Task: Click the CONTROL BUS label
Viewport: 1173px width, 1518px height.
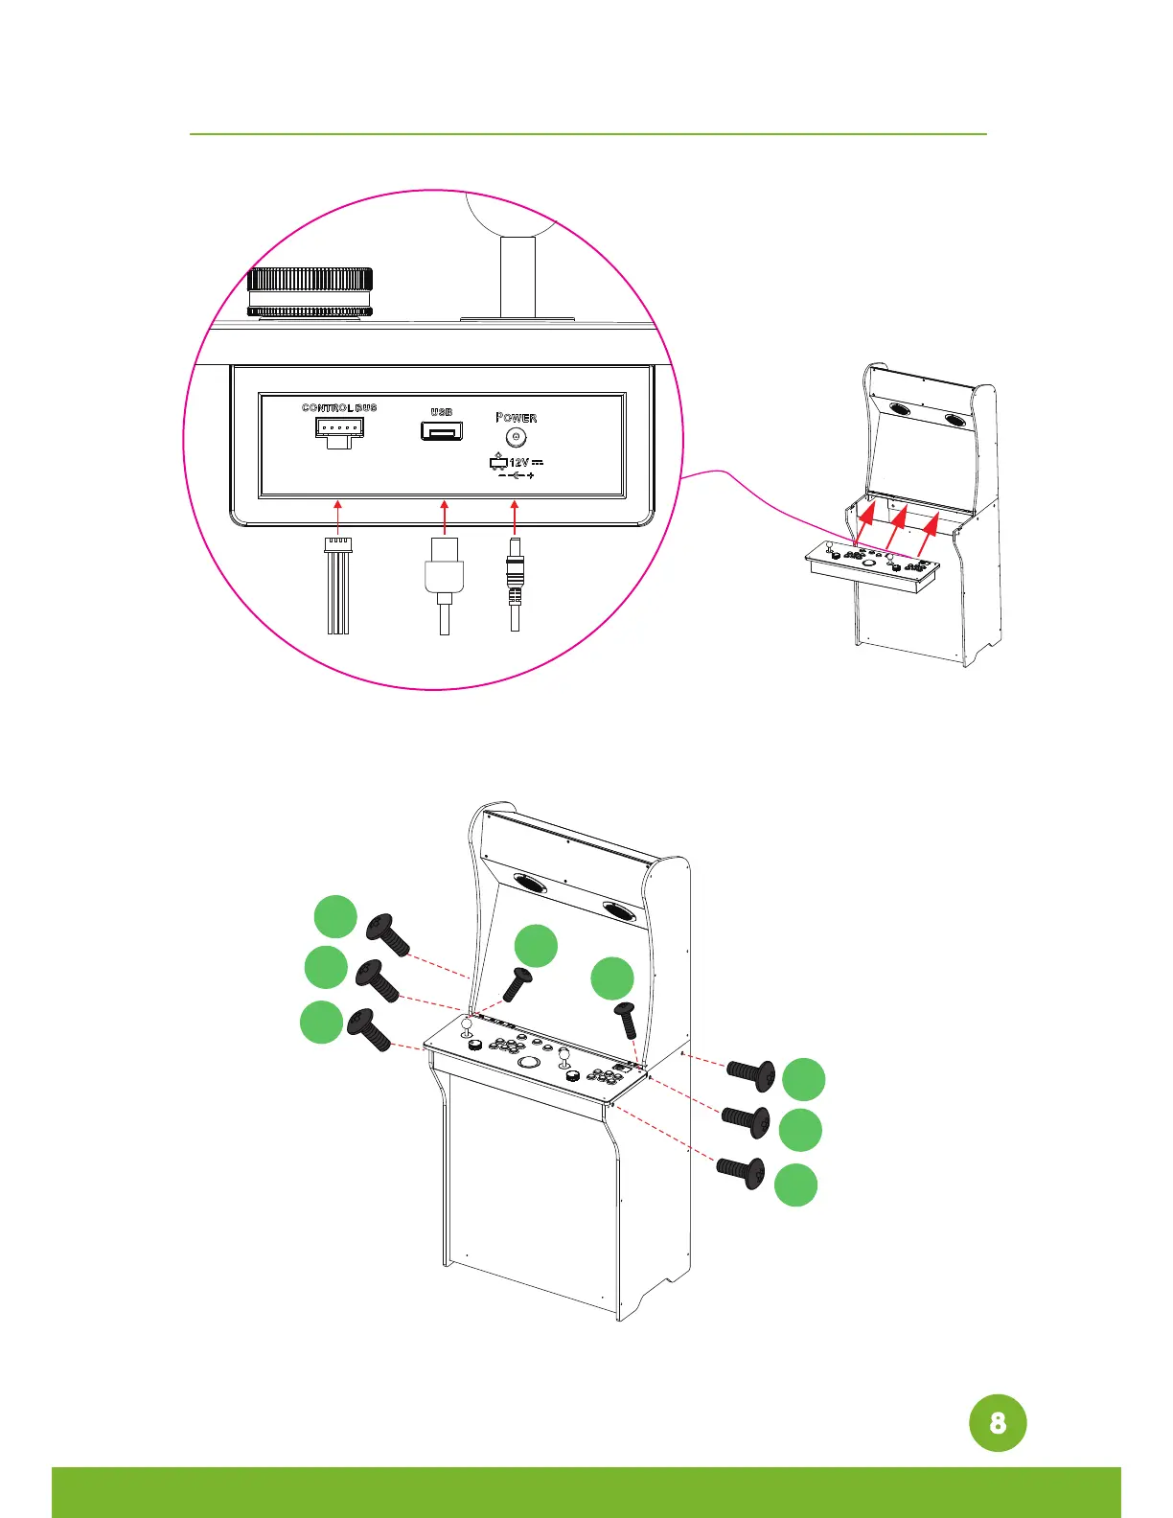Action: pyautogui.click(x=339, y=407)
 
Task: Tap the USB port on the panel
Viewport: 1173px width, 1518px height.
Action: pyautogui.click(x=441, y=431)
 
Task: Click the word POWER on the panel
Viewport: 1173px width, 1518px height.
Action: pyautogui.click(x=517, y=418)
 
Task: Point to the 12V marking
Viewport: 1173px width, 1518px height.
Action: pyautogui.click(x=518, y=463)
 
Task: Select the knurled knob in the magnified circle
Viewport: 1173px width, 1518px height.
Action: pyautogui.click(x=310, y=291)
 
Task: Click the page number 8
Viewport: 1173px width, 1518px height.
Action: pyautogui.click(x=998, y=1423)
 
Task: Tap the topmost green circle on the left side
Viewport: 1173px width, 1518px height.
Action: pyautogui.click(x=336, y=916)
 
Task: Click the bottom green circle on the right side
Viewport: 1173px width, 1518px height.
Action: pyautogui.click(x=796, y=1184)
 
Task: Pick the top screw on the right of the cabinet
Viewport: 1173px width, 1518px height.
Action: pyautogui.click(x=751, y=1075)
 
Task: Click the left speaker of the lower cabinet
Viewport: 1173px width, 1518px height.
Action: pyautogui.click(x=530, y=884)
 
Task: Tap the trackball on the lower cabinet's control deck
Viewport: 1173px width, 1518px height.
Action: pyautogui.click(x=528, y=1062)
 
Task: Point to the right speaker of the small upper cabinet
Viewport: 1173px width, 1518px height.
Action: pyautogui.click(x=955, y=420)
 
